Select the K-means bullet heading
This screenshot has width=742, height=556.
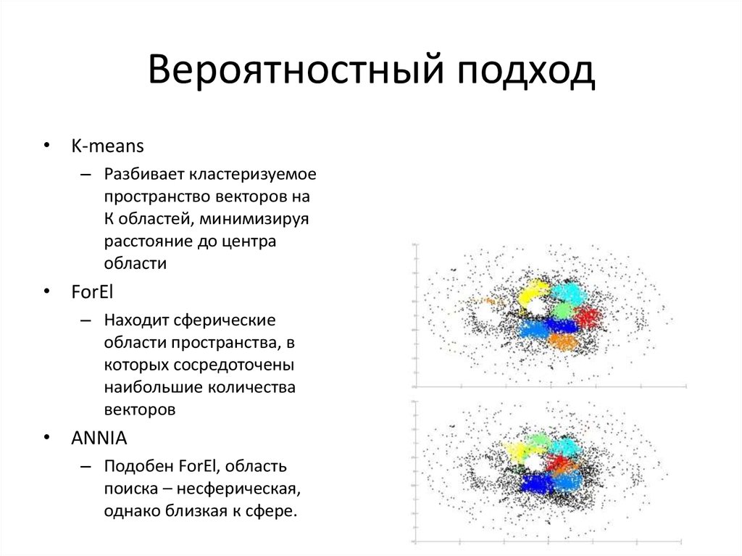pos(107,146)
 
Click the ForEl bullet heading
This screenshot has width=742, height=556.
pos(93,291)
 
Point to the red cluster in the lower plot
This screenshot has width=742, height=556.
pos(562,463)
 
